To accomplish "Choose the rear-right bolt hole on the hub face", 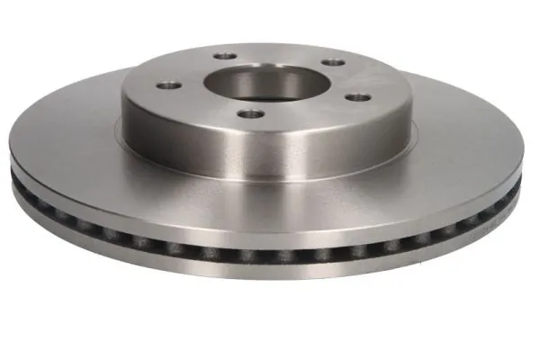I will tap(335, 62).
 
